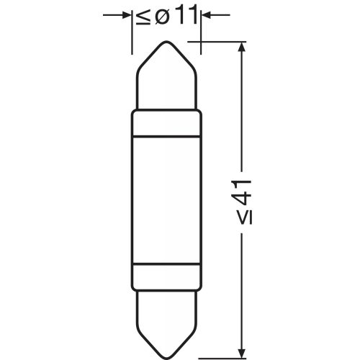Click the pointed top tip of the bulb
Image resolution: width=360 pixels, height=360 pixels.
(166, 43)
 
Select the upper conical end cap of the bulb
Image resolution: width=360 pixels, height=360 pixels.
(166, 79)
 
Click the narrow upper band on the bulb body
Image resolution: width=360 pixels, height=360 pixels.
(166, 123)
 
